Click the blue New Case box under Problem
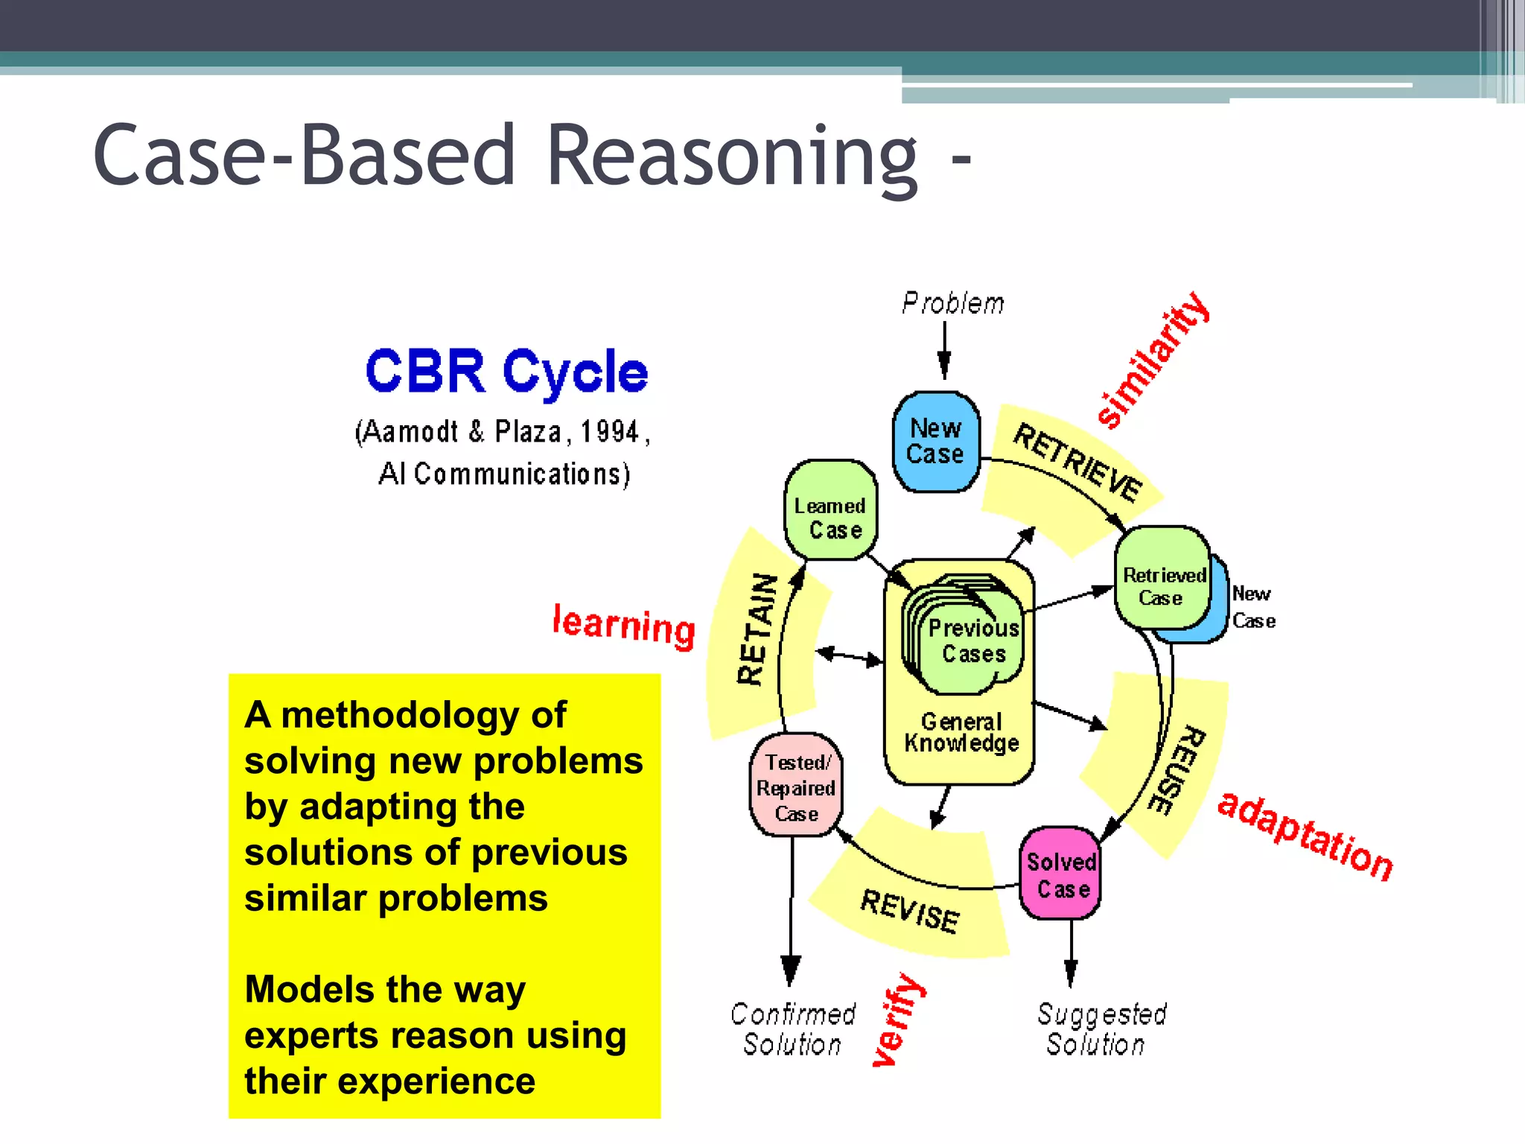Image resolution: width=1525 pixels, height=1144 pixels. coord(936,442)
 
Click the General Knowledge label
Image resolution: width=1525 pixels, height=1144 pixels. coord(961,733)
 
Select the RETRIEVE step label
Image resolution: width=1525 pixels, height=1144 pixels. coord(1077,463)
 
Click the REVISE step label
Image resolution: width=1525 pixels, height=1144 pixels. coord(910,910)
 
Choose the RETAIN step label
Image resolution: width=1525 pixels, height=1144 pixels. coord(757,629)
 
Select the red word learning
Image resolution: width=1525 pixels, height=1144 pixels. coord(624,626)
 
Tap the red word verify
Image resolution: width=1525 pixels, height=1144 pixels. coord(898,1020)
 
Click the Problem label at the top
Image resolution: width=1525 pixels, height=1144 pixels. coord(952,304)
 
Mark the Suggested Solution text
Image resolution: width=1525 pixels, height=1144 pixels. coord(1101,1029)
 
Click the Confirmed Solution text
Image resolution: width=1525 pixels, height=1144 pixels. coord(793,1029)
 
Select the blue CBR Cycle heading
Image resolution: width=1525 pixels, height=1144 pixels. coord(506,372)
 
